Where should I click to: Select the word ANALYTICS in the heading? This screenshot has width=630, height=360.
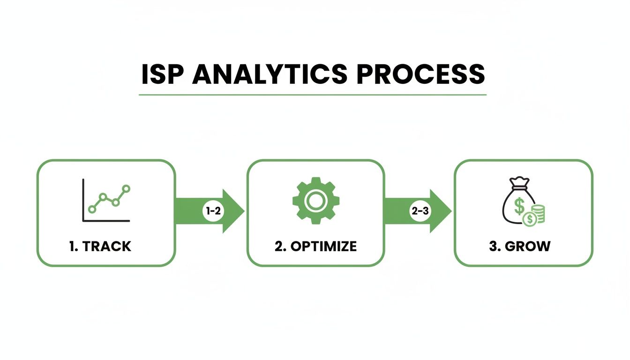(270, 74)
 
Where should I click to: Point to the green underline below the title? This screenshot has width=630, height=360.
(313, 95)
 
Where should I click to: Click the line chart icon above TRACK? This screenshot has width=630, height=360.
(106, 200)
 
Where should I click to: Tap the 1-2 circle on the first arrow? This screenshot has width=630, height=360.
(213, 211)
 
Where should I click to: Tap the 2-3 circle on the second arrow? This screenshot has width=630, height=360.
(420, 211)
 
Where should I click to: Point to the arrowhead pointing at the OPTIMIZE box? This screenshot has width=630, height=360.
(233, 211)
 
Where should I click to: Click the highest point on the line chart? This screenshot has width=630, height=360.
(126, 189)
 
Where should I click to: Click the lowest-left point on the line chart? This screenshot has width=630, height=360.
(92, 208)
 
